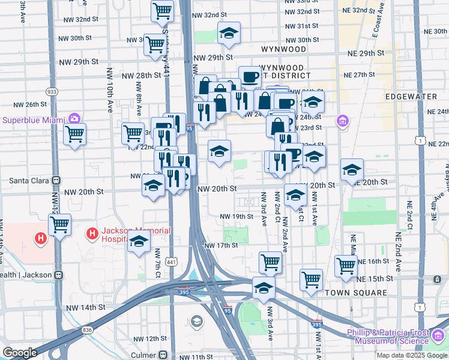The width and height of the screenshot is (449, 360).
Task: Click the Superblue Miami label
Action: (x=34, y=119)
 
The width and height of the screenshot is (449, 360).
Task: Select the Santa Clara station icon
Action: (x=56, y=180)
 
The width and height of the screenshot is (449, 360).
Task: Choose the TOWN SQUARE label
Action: (x=356, y=293)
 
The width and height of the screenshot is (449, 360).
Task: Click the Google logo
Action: (x=20, y=352)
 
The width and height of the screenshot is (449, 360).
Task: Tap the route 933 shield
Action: (x=52, y=91)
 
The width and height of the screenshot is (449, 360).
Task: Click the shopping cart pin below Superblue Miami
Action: (x=74, y=135)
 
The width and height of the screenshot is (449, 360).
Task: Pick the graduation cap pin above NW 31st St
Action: (x=228, y=34)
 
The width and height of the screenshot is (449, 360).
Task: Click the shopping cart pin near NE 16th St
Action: (x=346, y=266)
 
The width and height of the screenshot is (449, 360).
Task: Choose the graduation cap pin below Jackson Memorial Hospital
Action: (x=139, y=242)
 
